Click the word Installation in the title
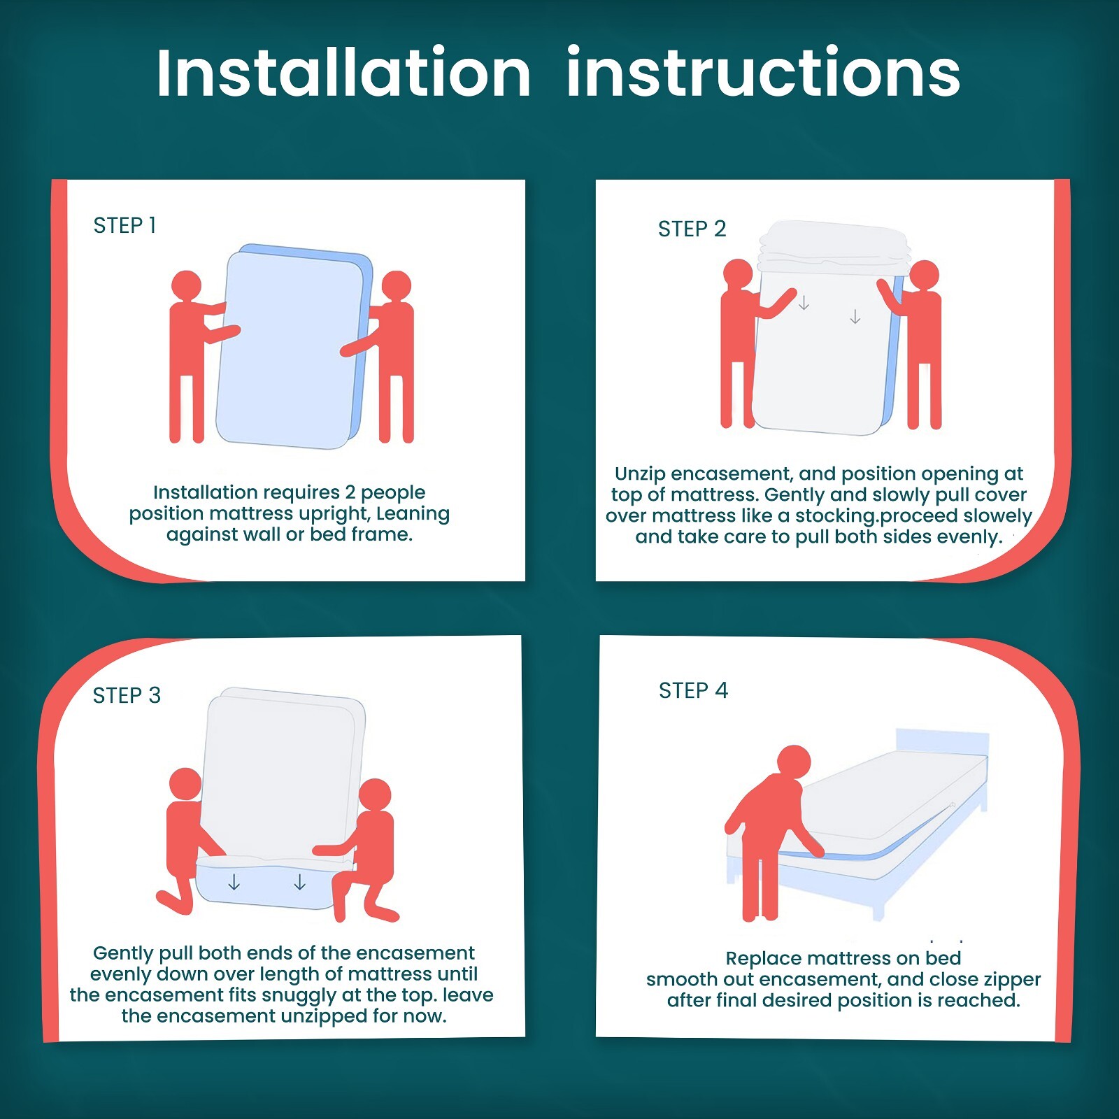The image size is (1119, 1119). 343,73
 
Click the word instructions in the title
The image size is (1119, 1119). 763,73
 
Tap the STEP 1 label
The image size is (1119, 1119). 124,225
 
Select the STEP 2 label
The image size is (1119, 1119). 692,229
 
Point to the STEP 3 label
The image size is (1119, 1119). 127,695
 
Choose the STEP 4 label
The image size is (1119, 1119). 693,690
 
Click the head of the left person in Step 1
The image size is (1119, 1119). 186,285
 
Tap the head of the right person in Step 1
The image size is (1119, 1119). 397,285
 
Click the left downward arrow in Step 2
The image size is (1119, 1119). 804,303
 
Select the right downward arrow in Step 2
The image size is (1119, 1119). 855,317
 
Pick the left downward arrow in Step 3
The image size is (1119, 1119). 234,883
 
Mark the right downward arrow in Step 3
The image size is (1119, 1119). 300,883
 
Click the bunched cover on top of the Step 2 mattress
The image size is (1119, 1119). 834,247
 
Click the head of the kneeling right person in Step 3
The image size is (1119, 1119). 375,795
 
